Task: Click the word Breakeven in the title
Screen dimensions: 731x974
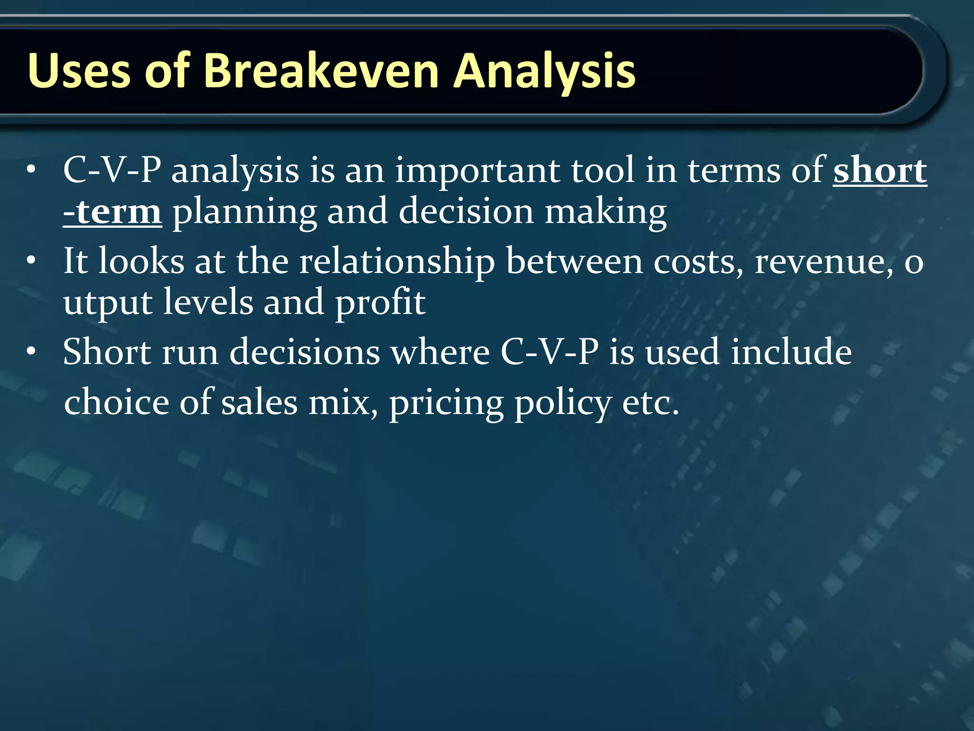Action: point(321,71)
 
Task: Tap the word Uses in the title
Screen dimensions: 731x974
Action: point(79,71)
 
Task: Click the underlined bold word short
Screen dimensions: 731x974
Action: point(879,170)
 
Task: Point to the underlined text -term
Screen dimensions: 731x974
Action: point(112,212)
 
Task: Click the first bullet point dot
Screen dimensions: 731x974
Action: point(31,170)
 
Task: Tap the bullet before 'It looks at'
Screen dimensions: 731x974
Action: point(31,261)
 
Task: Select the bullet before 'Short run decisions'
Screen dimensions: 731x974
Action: point(31,352)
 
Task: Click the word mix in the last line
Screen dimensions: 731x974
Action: point(343,403)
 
